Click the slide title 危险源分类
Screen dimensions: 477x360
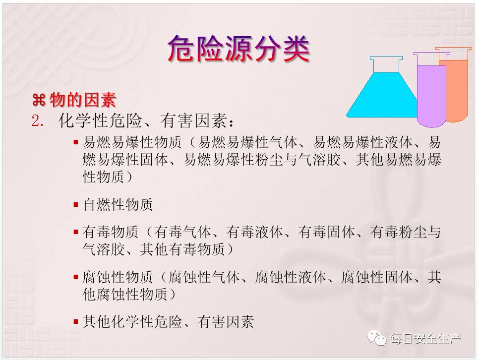coord(239,49)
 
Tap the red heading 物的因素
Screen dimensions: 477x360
coord(83,100)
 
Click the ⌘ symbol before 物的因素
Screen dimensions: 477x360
coord(39,100)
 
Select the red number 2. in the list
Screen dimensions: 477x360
coord(38,121)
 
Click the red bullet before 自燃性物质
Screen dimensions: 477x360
coord(76,204)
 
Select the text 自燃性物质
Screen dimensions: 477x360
coord(118,204)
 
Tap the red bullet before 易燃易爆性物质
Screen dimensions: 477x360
coord(76,142)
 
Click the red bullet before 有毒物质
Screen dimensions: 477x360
coord(76,232)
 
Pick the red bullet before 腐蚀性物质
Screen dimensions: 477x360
coord(76,277)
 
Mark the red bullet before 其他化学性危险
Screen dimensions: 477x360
coord(76,322)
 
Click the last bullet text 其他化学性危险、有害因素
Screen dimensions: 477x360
coord(168,322)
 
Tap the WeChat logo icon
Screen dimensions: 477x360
coord(377,338)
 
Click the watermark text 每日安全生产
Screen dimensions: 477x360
coord(426,338)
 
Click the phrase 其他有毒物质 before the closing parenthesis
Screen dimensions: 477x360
coord(182,249)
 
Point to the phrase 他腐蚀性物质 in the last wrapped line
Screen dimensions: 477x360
coord(125,295)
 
